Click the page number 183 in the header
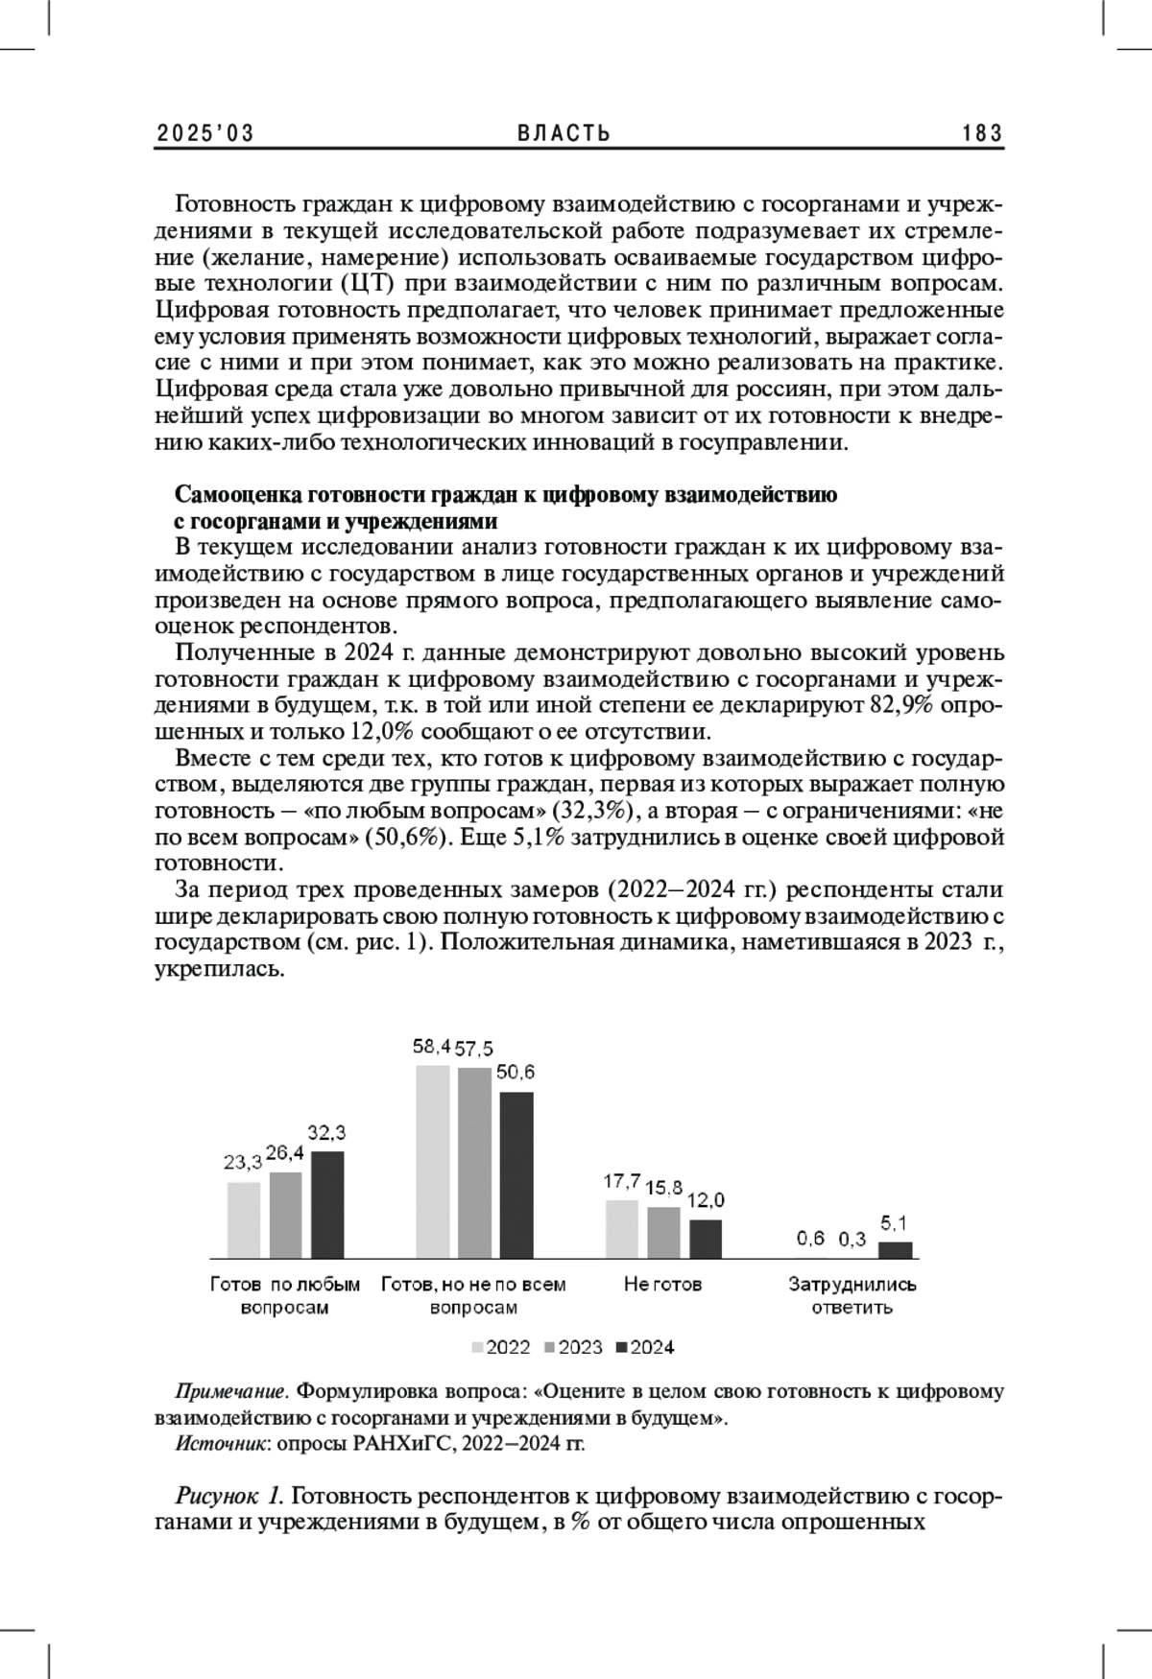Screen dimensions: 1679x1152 click(982, 133)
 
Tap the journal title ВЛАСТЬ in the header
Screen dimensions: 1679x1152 click(564, 133)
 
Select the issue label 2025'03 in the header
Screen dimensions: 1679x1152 click(205, 133)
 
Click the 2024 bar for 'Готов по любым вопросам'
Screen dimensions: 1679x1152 click(327, 1204)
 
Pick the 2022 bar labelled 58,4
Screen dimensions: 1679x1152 click(432, 1161)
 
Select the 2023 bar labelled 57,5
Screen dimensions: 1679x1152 click(474, 1162)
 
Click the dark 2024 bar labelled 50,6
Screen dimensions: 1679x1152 click(516, 1174)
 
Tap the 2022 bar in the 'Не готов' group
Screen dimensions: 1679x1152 click(621, 1228)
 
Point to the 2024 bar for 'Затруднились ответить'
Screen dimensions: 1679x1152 click(896, 1249)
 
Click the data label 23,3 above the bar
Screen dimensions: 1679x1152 click(243, 1163)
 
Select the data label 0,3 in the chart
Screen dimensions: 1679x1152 click(852, 1239)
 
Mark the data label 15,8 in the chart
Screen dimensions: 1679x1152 click(664, 1188)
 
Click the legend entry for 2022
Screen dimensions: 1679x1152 click(501, 1347)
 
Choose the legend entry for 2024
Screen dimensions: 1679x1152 click(645, 1347)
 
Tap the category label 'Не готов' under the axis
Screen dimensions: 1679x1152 click(662, 1284)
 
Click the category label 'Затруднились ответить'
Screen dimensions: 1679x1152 click(852, 1295)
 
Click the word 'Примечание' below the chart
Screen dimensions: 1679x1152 click(231, 1391)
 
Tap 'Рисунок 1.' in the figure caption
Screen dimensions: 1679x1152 click(228, 1496)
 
